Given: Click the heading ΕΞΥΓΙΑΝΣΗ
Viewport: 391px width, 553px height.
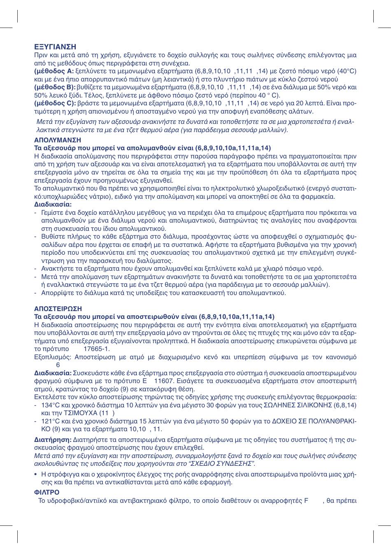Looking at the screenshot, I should [x=55, y=47].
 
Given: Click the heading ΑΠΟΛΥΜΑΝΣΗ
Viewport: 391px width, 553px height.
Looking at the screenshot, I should [x=58, y=140].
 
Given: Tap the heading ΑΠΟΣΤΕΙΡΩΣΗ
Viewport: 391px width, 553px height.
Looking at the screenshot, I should [x=58, y=309].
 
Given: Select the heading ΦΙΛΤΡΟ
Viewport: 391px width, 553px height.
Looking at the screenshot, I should [x=47, y=492].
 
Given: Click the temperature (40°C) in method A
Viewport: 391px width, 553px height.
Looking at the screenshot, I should [x=346, y=71].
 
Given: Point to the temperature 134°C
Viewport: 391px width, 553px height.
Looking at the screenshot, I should [x=51, y=405].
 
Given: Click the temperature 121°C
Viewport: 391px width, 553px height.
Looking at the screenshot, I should [x=51, y=421].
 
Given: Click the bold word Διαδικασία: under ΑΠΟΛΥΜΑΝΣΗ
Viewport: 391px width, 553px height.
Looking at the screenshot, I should [x=53, y=204].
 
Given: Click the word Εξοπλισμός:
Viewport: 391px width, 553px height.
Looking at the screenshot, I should [x=53, y=357].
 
